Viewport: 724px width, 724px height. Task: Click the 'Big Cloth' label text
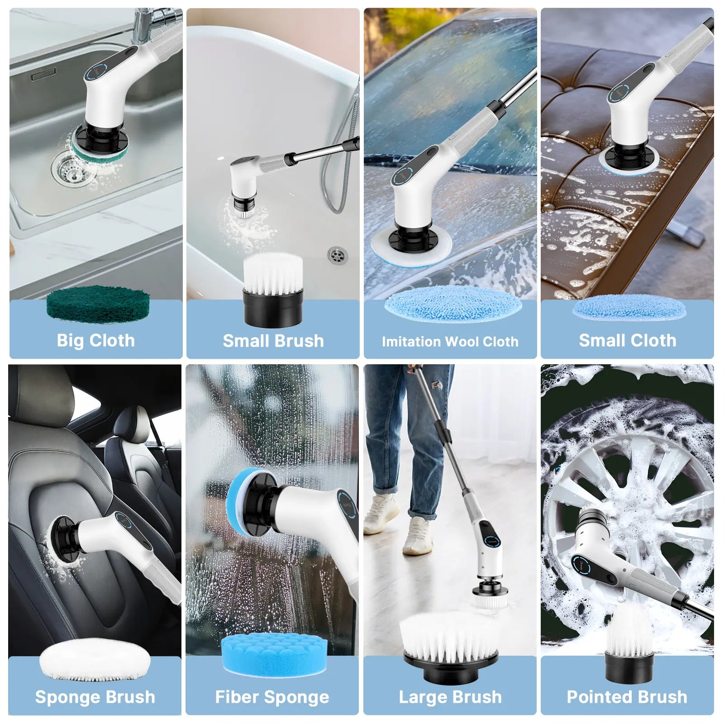pyautogui.click(x=95, y=340)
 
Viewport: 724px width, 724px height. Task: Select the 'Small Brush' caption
pyautogui.click(x=273, y=341)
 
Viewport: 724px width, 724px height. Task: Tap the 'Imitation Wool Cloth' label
pyautogui.click(x=450, y=342)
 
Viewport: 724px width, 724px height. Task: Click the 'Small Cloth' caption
pyautogui.click(x=627, y=340)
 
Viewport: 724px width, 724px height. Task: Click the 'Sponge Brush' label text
pyautogui.click(x=95, y=697)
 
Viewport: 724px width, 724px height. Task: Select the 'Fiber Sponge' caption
pyautogui.click(x=272, y=697)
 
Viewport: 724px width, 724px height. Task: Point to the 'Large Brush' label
pyautogui.click(x=450, y=697)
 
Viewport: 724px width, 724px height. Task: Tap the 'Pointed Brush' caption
pyautogui.click(x=627, y=697)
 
